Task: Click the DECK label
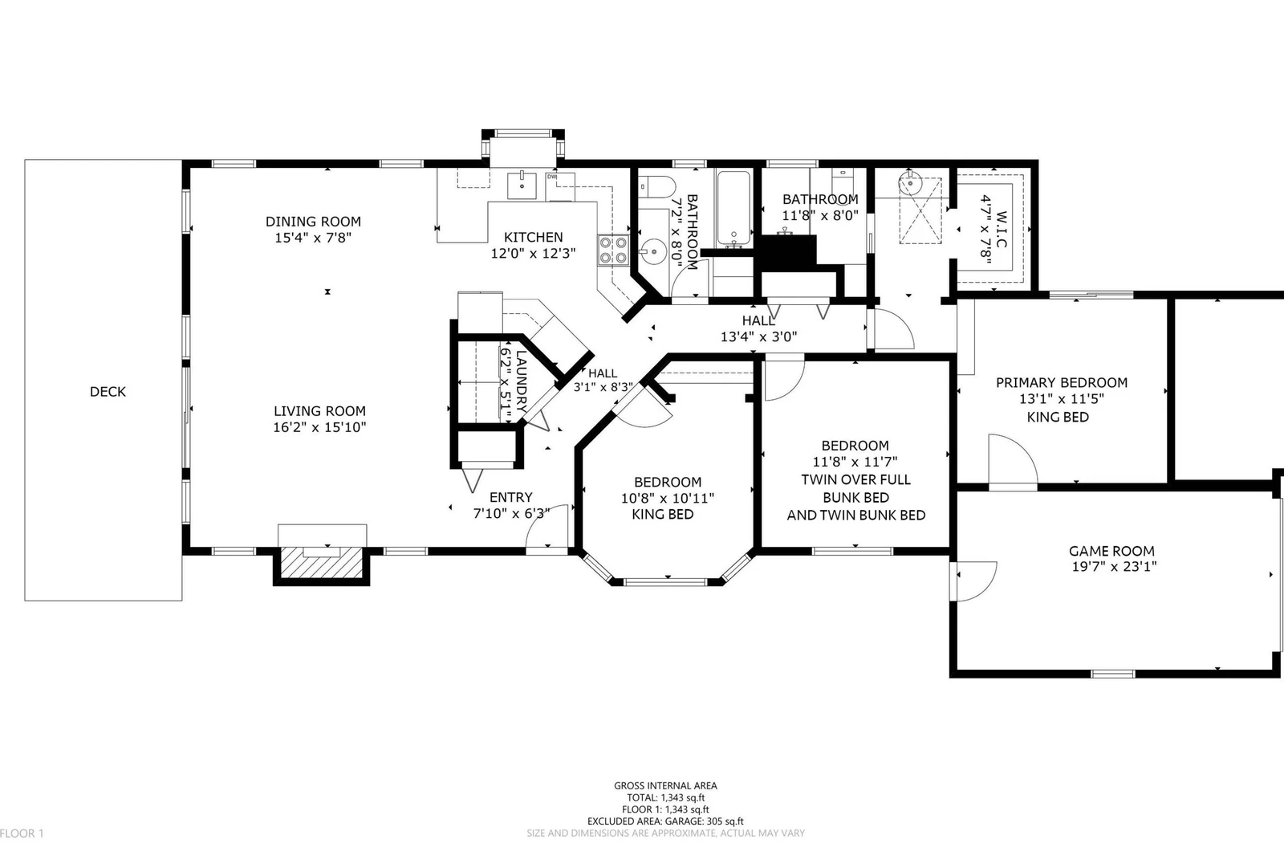(108, 392)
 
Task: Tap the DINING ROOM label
(313, 222)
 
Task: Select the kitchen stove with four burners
(613, 251)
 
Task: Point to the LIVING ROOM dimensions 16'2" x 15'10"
(319, 427)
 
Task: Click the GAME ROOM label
(1111, 552)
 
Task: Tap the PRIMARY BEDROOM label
(1062, 383)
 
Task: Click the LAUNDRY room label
(521, 381)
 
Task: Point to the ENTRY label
(510, 497)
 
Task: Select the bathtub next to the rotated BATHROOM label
(733, 208)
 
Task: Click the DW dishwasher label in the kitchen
(551, 177)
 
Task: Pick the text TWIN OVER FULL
(855, 479)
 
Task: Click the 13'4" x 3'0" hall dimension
(758, 336)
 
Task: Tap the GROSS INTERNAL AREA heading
(665, 786)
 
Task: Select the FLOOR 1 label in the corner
(22, 834)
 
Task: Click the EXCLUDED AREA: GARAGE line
(665, 821)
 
